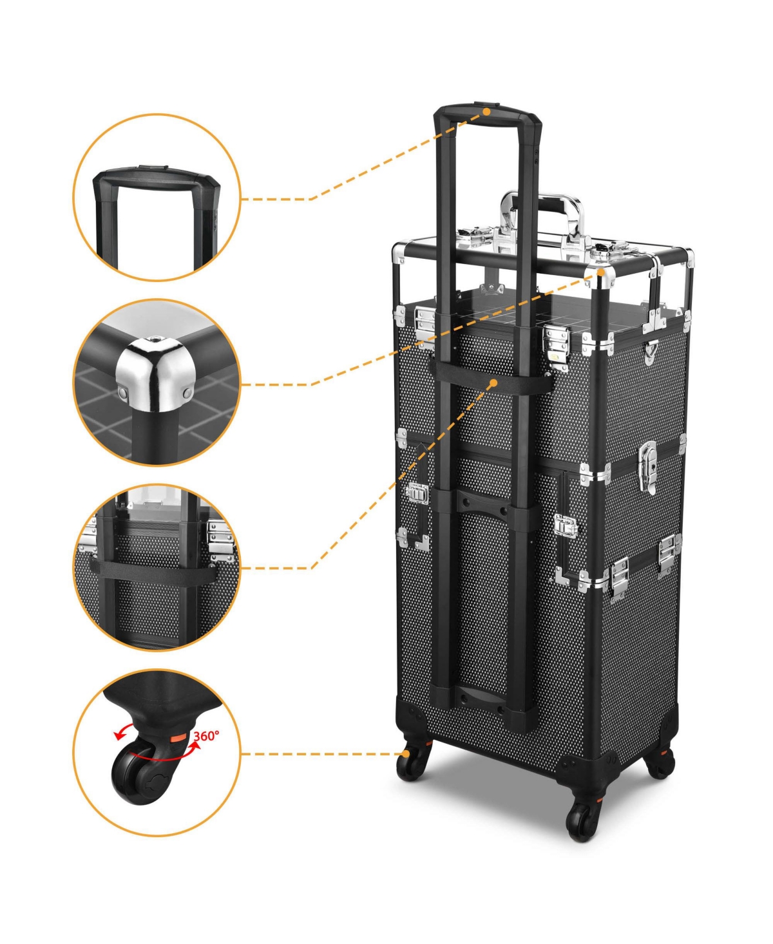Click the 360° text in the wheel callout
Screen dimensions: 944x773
pos(206,735)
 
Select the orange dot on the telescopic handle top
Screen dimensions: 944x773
pos(487,112)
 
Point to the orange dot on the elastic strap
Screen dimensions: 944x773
pos(493,383)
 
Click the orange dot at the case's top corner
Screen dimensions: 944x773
pos(601,272)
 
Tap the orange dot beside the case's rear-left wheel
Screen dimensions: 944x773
pos(406,753)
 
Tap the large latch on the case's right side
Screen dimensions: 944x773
pos(648,466)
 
